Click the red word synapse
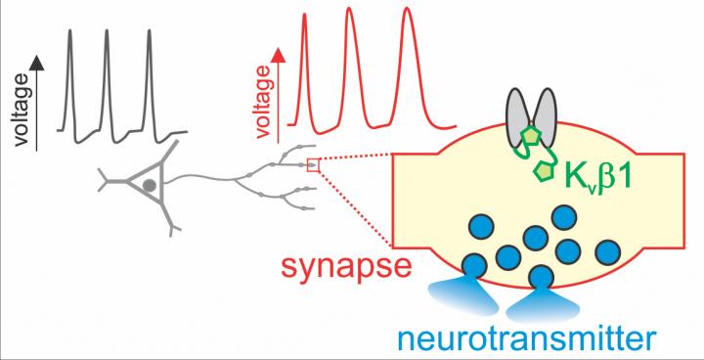346,267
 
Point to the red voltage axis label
264,102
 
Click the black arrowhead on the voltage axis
37,66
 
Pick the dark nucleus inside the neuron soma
149,185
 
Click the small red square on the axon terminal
313,165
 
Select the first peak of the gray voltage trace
70,31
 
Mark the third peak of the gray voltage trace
150,31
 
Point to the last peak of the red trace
407,9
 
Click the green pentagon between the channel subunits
531,137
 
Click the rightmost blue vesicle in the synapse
607,252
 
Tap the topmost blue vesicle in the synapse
564,217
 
